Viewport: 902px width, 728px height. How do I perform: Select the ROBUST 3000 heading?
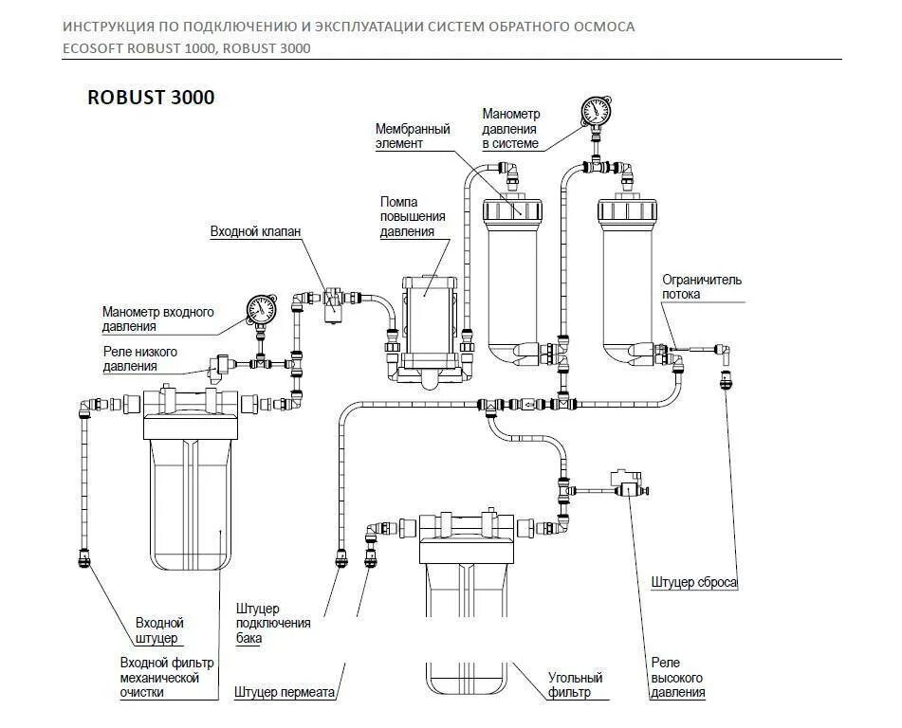pyautogui.click(x=151, y=97)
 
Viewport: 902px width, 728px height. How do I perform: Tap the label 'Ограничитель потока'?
pyautogui.click(x=702, y=286)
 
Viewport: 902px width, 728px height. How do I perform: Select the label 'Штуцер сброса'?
pyautogui.click(x=694, y=581)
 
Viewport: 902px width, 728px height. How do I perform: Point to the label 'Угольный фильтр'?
pyautogui.click(x=576, y=684)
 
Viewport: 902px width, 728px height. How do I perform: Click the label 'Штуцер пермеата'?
pyautogui.click(x=285, y=692)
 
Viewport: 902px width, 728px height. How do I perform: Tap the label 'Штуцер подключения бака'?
pyautogui.click(x=273, y=623)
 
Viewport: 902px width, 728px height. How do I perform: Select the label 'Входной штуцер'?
pyautogui.click(x=159, y=630)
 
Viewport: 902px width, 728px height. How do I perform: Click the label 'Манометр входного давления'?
pyautogui.click(x=158, y=318)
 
